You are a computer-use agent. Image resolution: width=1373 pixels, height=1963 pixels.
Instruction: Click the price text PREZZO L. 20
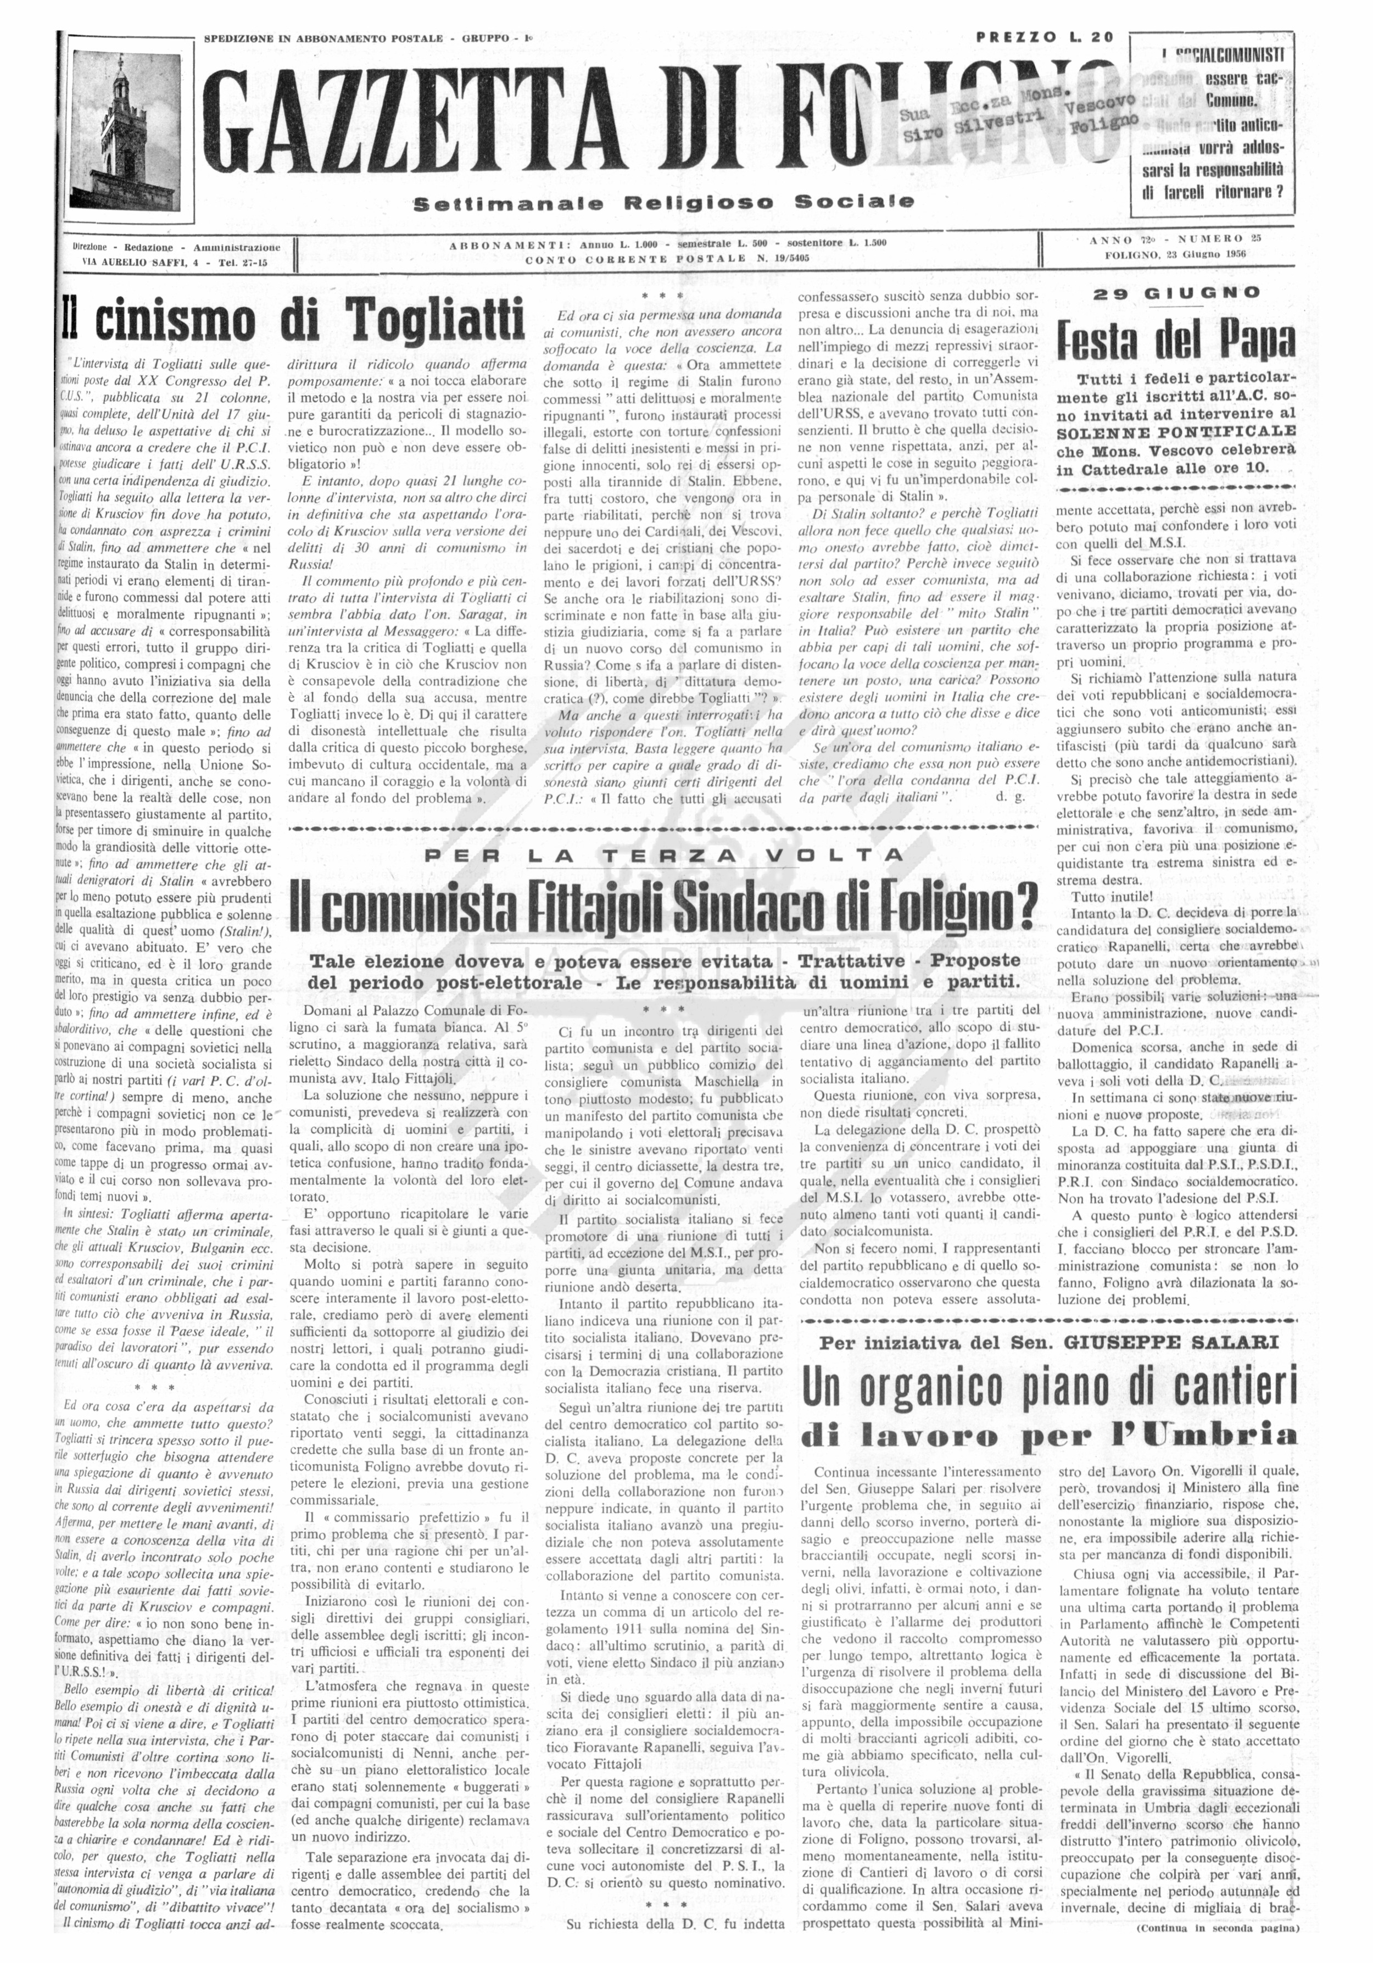pos(1045,37)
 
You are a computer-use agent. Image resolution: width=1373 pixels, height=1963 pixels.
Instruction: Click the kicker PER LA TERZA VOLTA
pos(665,855)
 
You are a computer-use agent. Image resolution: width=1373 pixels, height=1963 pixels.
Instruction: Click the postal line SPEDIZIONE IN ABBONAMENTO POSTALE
pos(323,38)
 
